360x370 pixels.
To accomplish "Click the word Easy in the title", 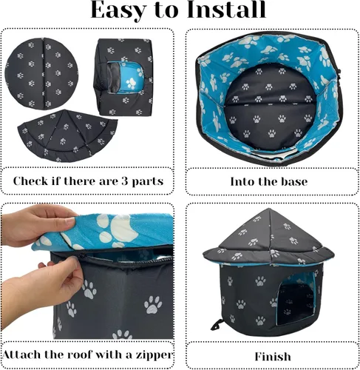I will click(124, 12).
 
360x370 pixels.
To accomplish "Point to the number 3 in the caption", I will click(120, 181).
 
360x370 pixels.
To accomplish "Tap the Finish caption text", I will click(272, 356).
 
